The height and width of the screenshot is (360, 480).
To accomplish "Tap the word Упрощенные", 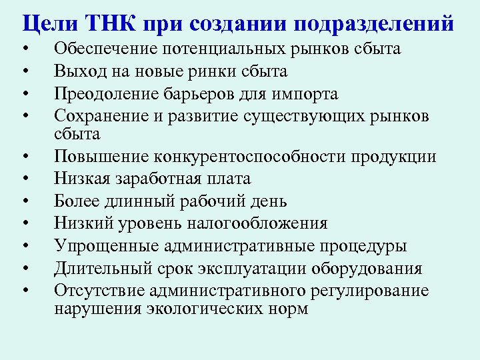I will (101, 246).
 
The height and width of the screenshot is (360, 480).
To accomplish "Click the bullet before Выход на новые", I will (24, 72).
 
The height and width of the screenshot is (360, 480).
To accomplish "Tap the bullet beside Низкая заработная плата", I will (24, 179).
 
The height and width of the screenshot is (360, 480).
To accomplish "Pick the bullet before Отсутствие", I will (24, 291).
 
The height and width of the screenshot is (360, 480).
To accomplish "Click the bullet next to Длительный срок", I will (24, 269).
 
